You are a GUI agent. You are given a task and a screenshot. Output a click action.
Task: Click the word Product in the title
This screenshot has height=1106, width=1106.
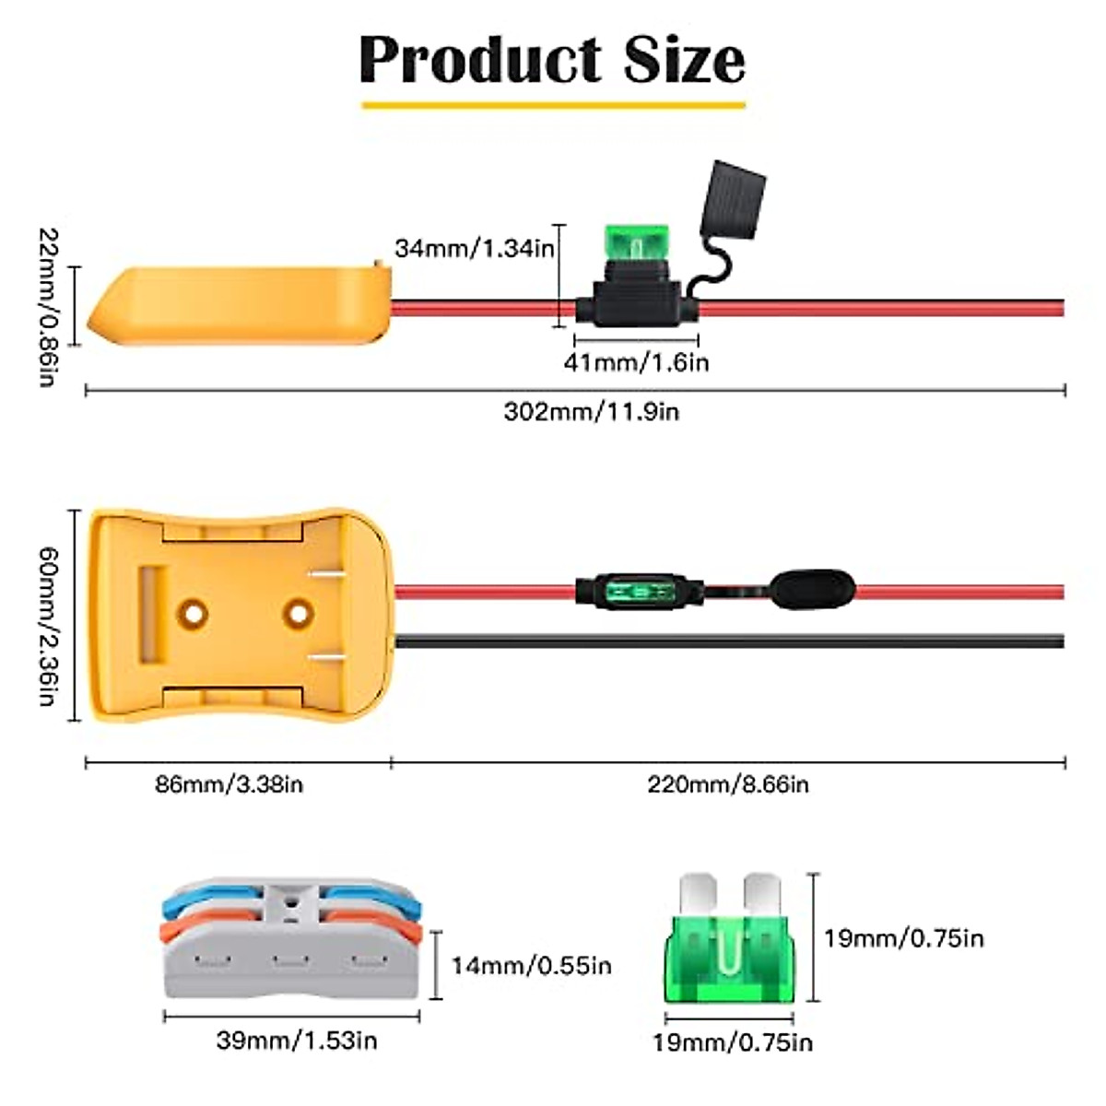(480, 60)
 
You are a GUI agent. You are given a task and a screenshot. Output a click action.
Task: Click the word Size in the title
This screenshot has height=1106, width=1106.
(685, 60)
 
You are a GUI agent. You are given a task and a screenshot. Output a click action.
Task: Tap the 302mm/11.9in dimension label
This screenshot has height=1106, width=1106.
(591, 411)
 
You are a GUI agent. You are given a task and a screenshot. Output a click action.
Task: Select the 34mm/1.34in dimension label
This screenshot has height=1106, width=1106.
(474, 248)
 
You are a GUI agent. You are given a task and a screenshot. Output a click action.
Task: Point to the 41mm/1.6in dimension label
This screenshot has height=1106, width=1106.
(636, 362)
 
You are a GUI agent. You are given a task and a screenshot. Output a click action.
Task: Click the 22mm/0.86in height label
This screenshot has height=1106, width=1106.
(46, 307)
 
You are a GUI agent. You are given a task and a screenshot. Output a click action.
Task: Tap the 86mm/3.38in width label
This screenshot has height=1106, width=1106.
(229, 785)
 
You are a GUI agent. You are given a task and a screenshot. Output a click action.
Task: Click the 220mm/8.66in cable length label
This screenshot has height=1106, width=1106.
(727, 785)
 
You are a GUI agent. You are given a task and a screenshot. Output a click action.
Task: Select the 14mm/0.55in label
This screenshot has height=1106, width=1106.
(531, 966)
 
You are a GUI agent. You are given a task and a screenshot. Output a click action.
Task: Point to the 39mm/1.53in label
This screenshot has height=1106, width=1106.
(297, 1041)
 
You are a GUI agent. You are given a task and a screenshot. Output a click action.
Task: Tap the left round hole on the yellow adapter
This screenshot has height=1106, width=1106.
(194, 612)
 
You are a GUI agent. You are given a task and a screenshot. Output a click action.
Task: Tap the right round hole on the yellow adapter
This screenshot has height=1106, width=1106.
(298, 612)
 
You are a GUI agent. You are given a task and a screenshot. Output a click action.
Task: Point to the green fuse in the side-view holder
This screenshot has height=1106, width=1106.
(635, 243)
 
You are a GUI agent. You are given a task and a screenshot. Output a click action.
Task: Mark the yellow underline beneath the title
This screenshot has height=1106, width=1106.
(553, 105)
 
